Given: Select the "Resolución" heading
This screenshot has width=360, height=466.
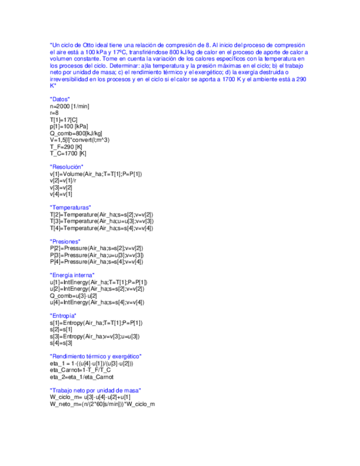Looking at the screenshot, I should (67, 167).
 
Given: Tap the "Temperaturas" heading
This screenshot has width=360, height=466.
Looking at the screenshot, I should (70, 207).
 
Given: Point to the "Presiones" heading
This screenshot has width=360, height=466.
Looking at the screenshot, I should (65, 241).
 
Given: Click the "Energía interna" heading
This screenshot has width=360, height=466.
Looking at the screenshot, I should (73, 275).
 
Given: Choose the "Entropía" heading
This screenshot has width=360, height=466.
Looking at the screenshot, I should (63, 315).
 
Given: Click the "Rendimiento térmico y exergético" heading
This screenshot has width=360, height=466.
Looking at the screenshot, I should (96, 356).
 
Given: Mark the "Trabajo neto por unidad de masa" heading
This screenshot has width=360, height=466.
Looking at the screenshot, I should (95, 390).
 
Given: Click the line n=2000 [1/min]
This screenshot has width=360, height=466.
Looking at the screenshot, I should (69, 106).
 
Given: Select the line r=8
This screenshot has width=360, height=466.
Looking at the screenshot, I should (54, 112).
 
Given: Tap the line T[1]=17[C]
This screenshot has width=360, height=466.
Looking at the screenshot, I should (63, 119).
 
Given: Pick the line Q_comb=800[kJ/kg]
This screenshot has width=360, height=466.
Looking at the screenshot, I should (76, 133).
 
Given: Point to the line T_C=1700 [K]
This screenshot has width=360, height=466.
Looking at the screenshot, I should (68, 153).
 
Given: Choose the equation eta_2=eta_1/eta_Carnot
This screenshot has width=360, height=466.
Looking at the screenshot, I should (81, 376).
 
